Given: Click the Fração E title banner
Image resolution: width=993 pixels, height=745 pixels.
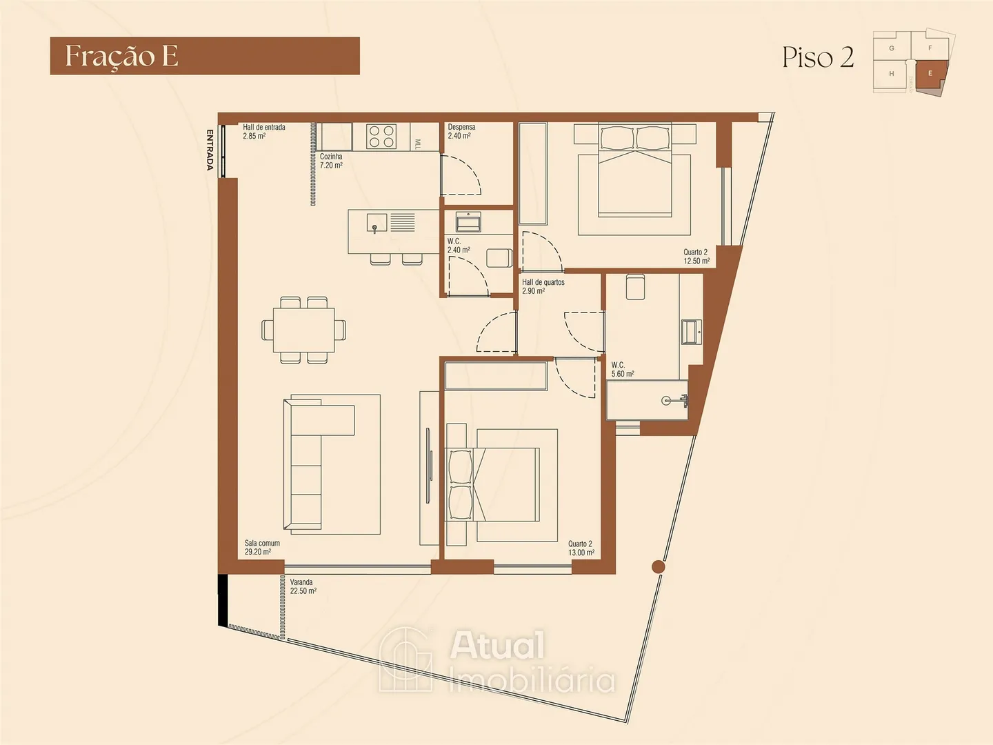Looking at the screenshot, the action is pyautogui.click(x=205, y=56).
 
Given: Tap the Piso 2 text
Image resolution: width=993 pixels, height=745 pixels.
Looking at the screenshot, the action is pyautogui.click(x=818, y=57).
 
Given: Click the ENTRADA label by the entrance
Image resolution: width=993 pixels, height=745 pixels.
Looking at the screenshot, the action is pyautogui.click(x=210, y=150).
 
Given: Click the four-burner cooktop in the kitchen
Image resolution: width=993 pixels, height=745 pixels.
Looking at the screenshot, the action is pyautogui.click(x=381, y=136).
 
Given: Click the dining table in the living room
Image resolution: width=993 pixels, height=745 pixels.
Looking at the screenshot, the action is pyautogui.click(x=303, y=330).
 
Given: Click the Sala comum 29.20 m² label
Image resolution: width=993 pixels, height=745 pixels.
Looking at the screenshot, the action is pyautogui.click(x=262, y=547).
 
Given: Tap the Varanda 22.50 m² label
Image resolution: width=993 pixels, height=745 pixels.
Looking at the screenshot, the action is pyautogui.click(x=303, y=586).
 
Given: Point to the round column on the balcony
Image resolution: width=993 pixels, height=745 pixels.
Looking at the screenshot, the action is pyautogui.click(x=659, y=566).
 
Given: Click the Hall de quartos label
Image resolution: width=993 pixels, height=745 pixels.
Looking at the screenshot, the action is pyautogui.click(x=543, y=286).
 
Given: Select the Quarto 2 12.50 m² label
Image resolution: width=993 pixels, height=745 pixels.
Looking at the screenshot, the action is pyautogui.click(x=696, y=257).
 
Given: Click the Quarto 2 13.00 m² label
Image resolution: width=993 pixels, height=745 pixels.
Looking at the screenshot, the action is pyautogui.click(x=581, y=548).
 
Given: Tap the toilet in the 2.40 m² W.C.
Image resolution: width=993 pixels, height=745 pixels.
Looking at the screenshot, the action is pyautogui.click(x=499, y=257).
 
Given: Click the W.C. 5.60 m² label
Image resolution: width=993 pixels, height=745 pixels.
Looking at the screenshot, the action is pyautogui.click(x=623, y=369).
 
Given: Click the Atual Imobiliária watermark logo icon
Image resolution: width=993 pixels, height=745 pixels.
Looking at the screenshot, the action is pyautogui.click(x=405, y=660).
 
